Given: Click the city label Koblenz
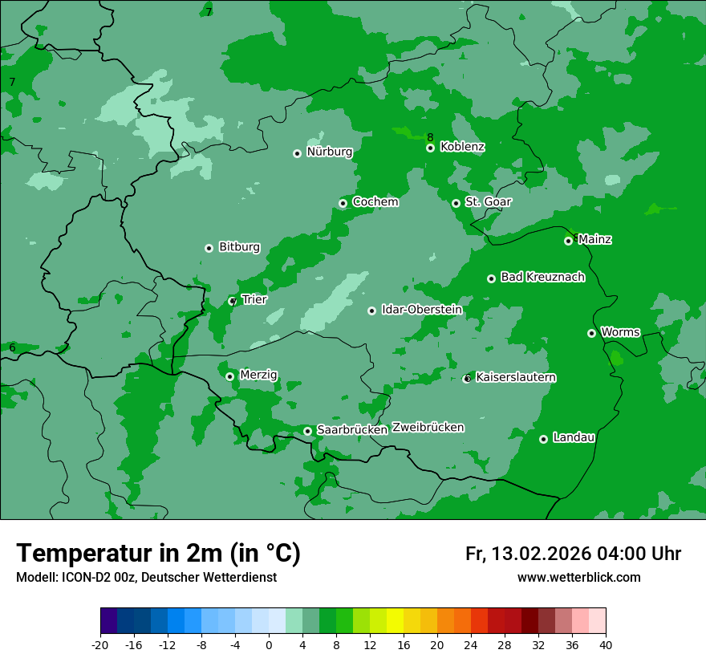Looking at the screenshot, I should click(462, 147).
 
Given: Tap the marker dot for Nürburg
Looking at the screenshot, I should click(297, 153).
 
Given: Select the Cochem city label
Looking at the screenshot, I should click(375, 202).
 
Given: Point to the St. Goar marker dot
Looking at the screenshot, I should click(456, 203).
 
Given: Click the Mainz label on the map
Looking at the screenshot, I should click(594, 239).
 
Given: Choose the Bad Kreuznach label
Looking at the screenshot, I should click(542, 277).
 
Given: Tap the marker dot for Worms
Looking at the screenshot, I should click(591, 333).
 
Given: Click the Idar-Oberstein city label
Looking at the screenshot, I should click(421, 310).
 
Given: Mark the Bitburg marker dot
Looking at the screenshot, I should click(209, 248).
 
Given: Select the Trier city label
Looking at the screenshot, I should click(254, 299).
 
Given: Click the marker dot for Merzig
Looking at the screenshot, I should click(229, 376).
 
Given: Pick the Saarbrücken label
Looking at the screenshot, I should click(352, 430).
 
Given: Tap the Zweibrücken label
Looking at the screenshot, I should click(428, 428).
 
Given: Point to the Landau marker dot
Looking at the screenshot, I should click(543, 439).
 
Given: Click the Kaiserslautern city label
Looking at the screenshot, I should click(516, 377).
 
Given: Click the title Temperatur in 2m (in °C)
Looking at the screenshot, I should click(158, 553).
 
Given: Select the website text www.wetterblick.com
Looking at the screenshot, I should click(578, 578).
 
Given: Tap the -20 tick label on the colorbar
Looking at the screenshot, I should click(100, 645).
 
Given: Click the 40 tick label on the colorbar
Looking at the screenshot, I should click(606, 645).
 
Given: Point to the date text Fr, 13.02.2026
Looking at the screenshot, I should click(528, 554).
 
